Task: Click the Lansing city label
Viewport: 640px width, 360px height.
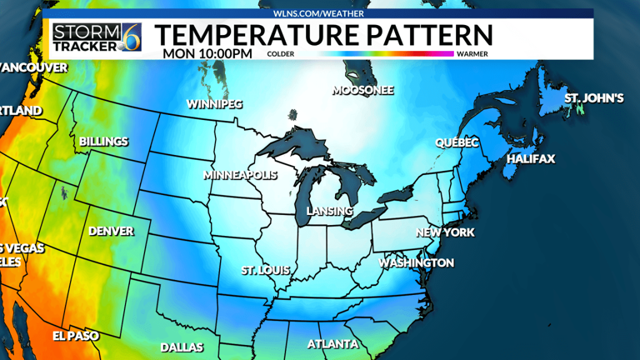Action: coord(330,211)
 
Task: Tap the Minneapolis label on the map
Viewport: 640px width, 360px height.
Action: coord(240,175)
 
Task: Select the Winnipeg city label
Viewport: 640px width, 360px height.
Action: coord(214,104)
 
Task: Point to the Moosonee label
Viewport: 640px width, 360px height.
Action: coord(362,90)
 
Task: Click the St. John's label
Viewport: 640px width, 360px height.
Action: coord(593,98)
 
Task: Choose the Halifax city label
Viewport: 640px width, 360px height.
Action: coord(530,158)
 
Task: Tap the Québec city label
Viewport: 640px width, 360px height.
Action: coord(457,142)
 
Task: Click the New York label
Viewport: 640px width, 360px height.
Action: coord(445,232)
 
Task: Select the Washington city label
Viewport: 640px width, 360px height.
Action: coord(417,262)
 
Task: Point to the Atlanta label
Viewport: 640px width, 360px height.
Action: coord(332,343)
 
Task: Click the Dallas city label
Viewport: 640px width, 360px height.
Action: coord(182,347)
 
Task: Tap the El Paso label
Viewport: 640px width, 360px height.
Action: coord(75,335)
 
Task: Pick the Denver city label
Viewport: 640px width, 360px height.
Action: coord(111,231)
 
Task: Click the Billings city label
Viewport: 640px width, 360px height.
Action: coord(103,141)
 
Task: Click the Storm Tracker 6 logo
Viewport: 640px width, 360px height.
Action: coord(97,35)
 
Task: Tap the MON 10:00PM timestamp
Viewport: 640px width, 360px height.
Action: coord(207,53)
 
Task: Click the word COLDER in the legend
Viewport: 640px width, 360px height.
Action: coord(281,54)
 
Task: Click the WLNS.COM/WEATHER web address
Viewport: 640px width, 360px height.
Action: coord(321,13)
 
